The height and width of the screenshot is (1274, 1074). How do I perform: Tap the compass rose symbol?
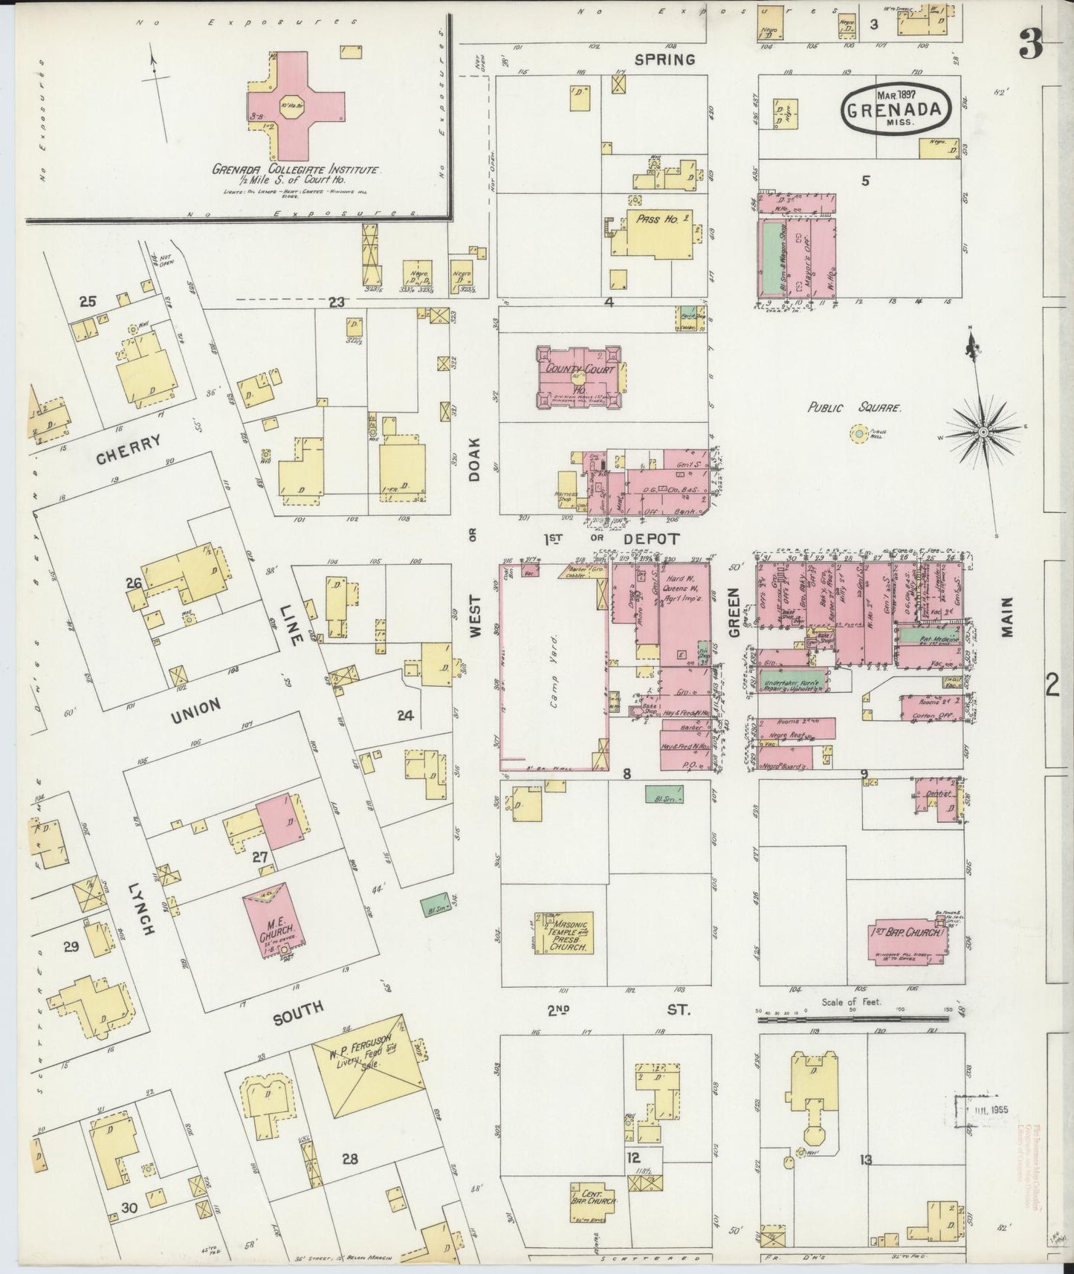tap(983, 431)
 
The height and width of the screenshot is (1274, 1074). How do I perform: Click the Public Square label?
tap(855, 408)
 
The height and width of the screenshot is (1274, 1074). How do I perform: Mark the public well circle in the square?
tap(860, 432)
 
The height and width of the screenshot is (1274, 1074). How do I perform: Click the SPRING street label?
tap(664, 59)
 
